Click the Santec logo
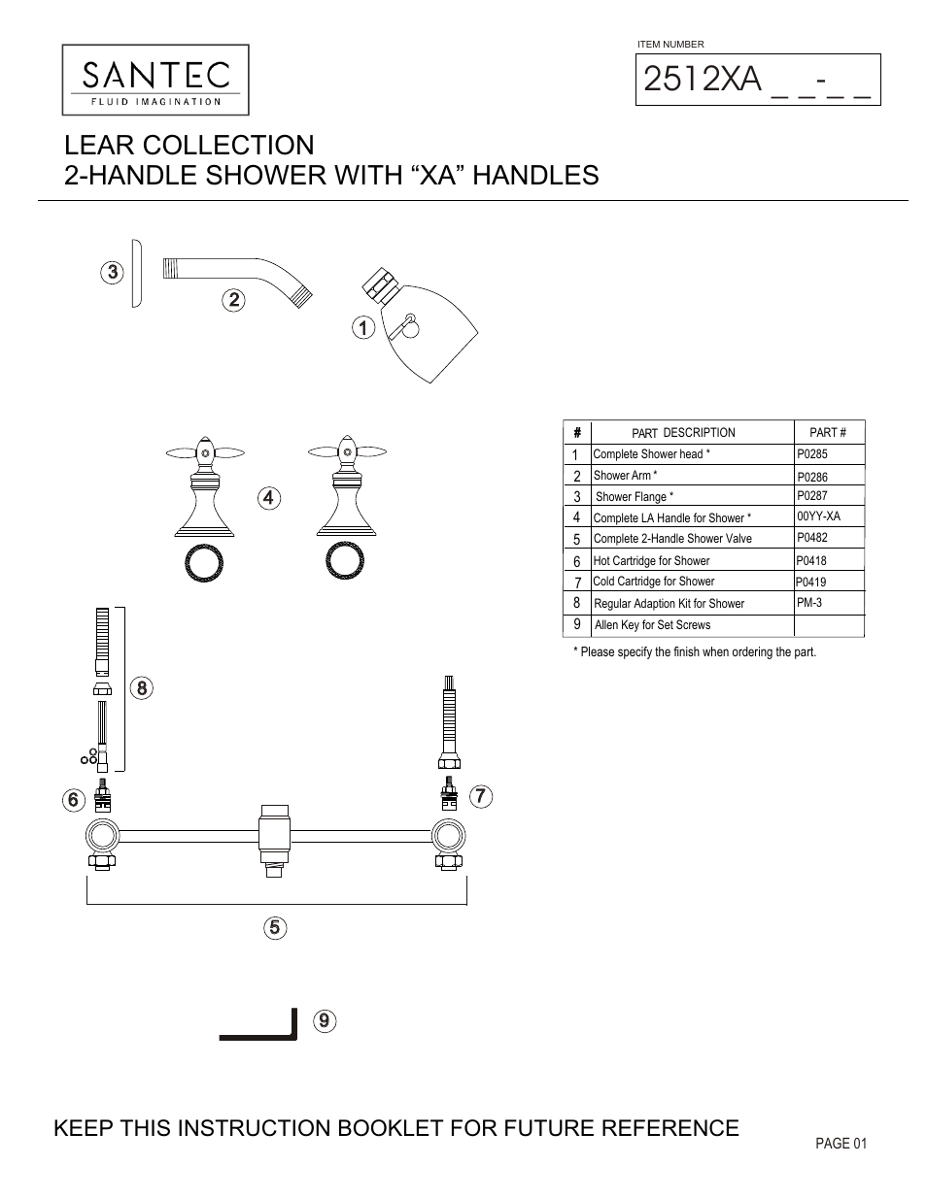pyautogui.click(x=155, y=80)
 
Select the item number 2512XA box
pyautogui.click(x=758, y=80)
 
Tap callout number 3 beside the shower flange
pyautogui.click(x=113, y=272)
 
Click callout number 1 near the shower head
pyautogui.click(x=362, y=327)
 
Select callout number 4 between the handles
pyautogui.click(x=269, y=498)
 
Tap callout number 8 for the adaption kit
pyautogui.click(x=141, y=688)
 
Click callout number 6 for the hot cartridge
pyautogui.click(x=72, y=800)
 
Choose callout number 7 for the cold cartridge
pyautogui.click(x=481, y=796)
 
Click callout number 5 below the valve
pyautogui.click(x=275, y=927)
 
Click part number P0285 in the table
pyautogui.click(x=812, y=453)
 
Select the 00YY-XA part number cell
pyautogui.click(x=818, y=516)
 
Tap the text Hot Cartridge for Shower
pyautogui.click(x=651, y=561)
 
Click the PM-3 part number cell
pyautogui.click(x=809, y=603)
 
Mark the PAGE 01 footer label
pyautogui.click(x=841, y=1144)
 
